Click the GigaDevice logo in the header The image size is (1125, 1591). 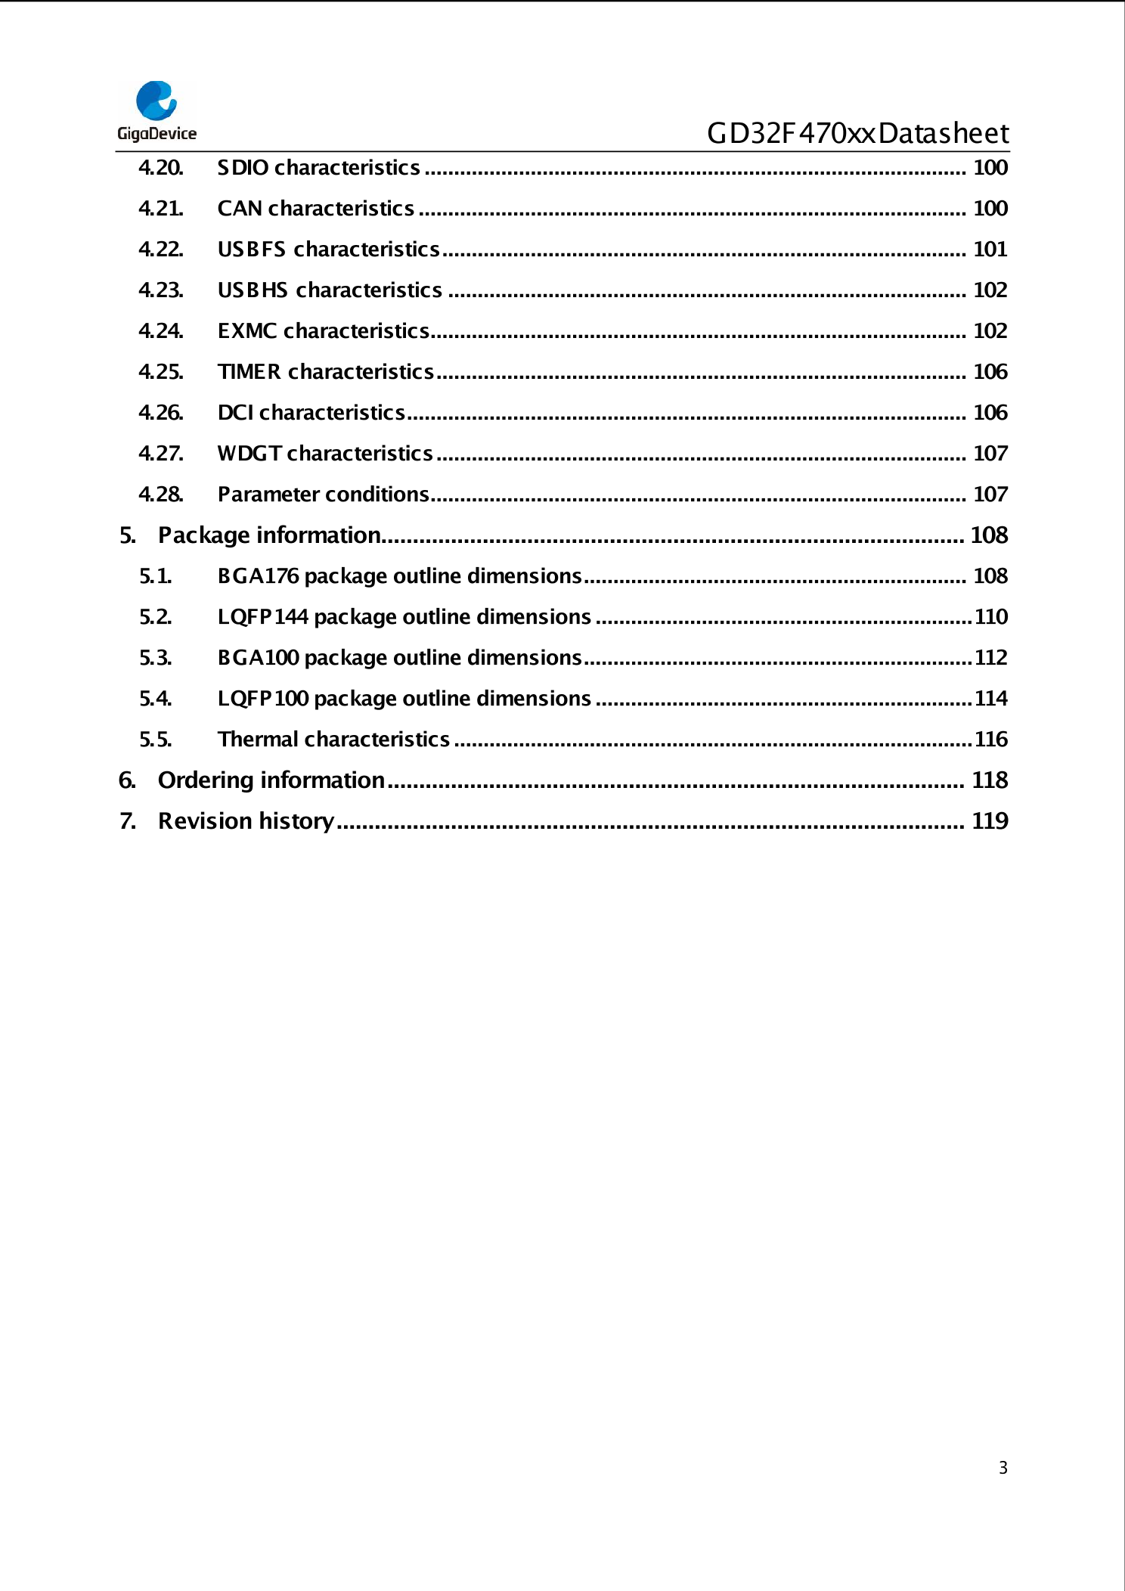coord(157,111)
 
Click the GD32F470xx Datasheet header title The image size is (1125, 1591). coord(857,134)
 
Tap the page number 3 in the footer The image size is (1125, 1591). coord(1003,1468)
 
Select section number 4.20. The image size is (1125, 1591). coord(161,168)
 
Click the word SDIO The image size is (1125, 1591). coord(243,168)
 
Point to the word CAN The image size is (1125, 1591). coord(240,209)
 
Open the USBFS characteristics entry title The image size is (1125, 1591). coord(328,250)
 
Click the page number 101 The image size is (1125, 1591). coord(990,250)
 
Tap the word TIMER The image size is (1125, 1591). coord(249,372)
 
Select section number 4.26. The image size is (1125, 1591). coord(161,413)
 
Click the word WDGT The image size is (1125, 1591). coord(249,454)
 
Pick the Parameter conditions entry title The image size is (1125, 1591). coord(323,495)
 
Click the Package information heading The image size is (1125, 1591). coord(269,535)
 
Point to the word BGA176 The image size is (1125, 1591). coord(259,576)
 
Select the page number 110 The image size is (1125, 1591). coord(990,617)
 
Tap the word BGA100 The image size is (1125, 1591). coord(259,658)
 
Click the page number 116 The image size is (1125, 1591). coord(990,740)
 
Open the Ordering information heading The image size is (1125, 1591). coord(271,780)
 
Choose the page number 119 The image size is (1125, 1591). coord(990,821)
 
